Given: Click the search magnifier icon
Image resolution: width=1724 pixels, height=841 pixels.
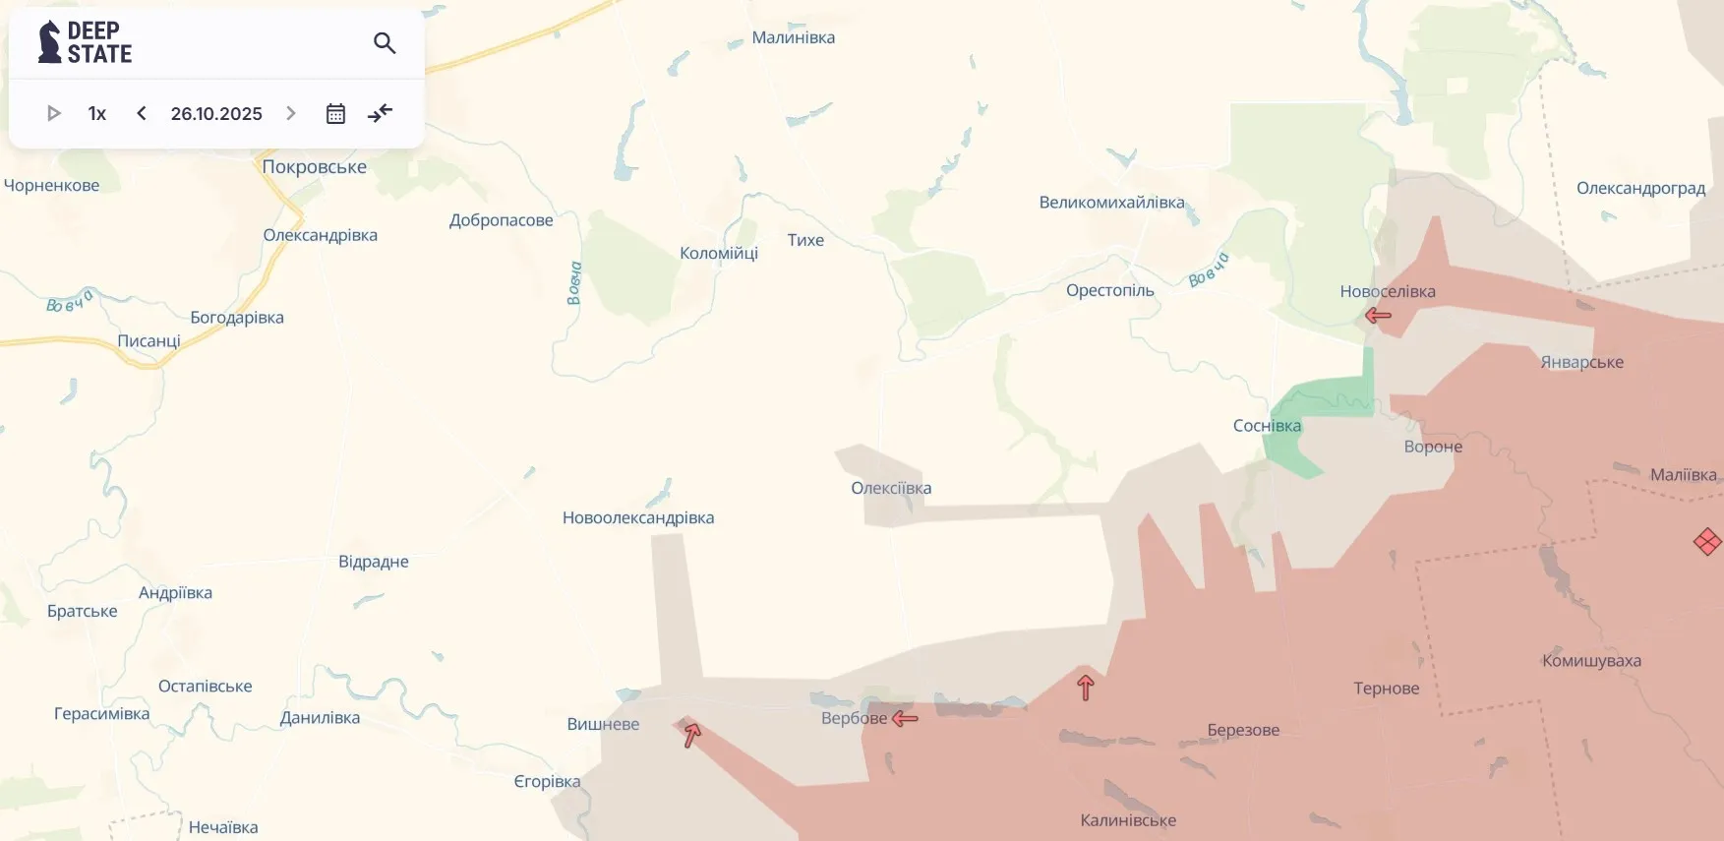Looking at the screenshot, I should pyautogui.click(x=385, y=43).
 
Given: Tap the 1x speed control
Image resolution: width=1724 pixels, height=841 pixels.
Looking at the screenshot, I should pyautogui.click(x=96, y=113).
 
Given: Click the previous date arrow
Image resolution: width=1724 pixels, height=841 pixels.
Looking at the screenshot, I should pyautogui.click(x=142, y=113).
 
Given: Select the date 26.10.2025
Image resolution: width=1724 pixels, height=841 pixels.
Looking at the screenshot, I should pyautogui.click(x=216, y=113).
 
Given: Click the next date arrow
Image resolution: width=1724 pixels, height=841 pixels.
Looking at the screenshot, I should pyautogui.click(x=291, y=113).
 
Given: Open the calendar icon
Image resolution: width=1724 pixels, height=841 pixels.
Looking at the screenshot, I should pyautogui.click(x=335, y=113).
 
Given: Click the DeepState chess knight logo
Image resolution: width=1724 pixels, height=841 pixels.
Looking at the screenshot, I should pyautogui.click(x=49, y=42).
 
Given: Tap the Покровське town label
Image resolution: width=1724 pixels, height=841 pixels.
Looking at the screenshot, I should pyautogui.click(x=314, y=167).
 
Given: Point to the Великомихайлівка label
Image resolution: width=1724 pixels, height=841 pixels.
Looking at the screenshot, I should pyautogui.click(x=1111, y=203).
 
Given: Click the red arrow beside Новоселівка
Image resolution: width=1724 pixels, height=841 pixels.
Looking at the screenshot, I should pyautogui.click(x=1378, y=316).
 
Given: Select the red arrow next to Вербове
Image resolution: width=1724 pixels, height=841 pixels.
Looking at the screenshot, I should pyautogui.click(x=905, y=718).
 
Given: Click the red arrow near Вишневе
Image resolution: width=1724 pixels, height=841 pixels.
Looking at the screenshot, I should pyautogui.click(x=692, y=734).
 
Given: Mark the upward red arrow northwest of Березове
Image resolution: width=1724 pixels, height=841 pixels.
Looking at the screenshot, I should pyautogui.click(x=1086, y=688).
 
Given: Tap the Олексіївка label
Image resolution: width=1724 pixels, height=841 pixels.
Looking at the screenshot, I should pyautogui.click(x=891, y=488).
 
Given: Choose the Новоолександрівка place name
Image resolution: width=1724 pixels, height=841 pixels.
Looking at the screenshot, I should pyautogui.click(x=638, y=517).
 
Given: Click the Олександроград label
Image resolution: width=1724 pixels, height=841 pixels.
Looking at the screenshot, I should pyautogui.click(x=1640, y=188).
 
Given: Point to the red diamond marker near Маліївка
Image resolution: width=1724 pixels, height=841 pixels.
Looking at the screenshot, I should pyautogui.click(x=1707, y=541).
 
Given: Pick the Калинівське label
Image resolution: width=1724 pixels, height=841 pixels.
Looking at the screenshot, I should pyautogui.click(x=1128, y=820).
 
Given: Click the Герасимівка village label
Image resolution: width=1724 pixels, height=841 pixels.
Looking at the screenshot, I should pyautogui.click(x=102, y=714).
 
